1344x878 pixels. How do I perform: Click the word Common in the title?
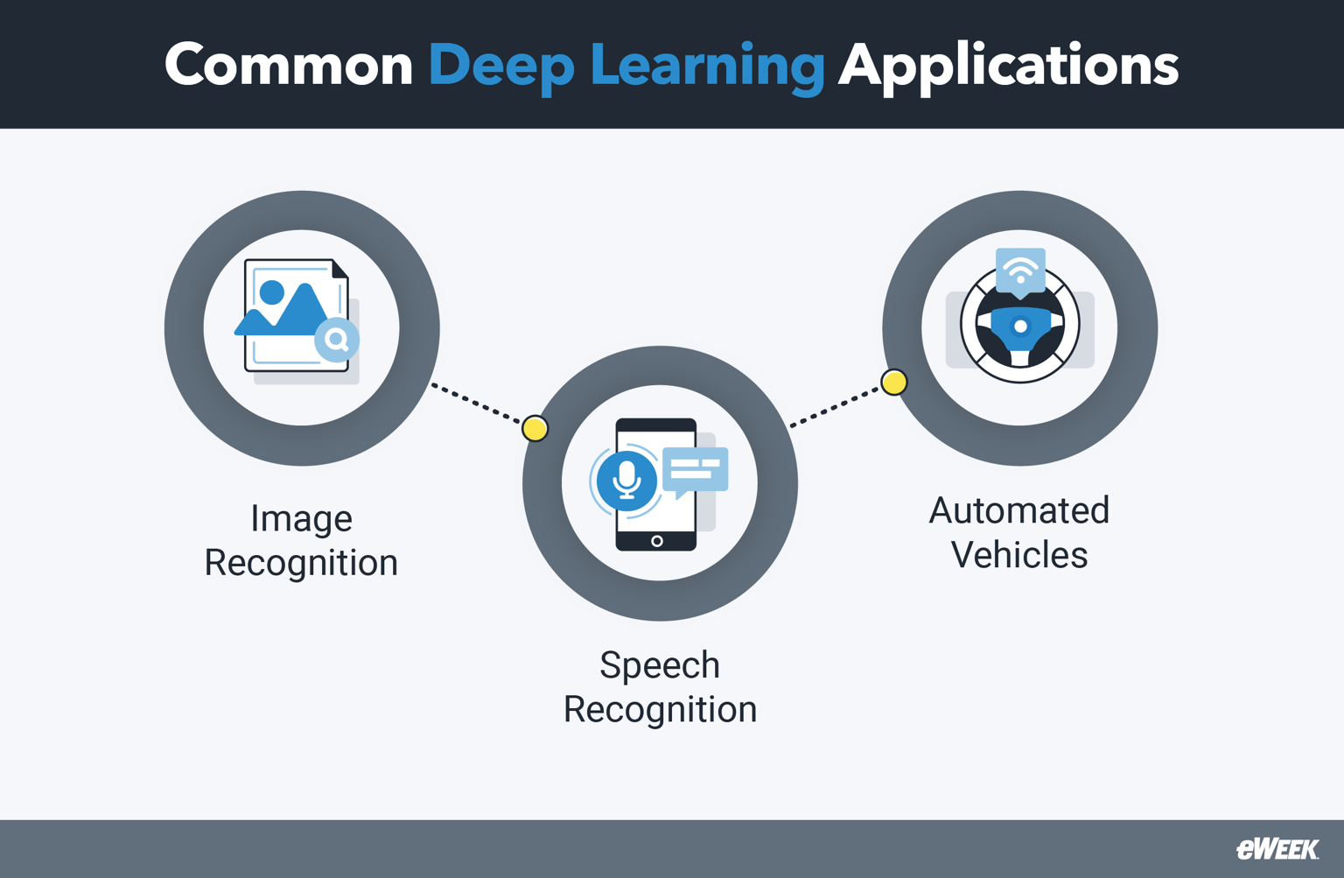[288, 66]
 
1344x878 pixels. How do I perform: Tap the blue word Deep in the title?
[500, 66]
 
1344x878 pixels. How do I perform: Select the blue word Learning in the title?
[707, 66]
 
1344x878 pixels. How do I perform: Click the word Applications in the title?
[1008, 66]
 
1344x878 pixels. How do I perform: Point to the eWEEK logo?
[1277, 849]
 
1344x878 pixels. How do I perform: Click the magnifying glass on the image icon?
[337, 340]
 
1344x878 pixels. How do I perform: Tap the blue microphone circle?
[626, 480]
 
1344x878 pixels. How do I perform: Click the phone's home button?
[656, 541]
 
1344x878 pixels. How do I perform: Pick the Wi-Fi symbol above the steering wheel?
[1020, 270]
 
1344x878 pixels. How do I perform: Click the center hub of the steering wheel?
[1020, 327]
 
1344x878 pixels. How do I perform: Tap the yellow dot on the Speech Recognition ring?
[535, 429]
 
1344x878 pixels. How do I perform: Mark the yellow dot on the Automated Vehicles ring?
[893, 383]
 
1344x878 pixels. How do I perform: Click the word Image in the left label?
[301, 518]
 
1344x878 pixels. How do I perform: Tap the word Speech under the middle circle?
[660, 665]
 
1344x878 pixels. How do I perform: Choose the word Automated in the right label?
[1019, 510]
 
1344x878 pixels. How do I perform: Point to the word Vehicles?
[1019, 555]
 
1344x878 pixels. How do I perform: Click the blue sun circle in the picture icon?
[272, 292]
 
